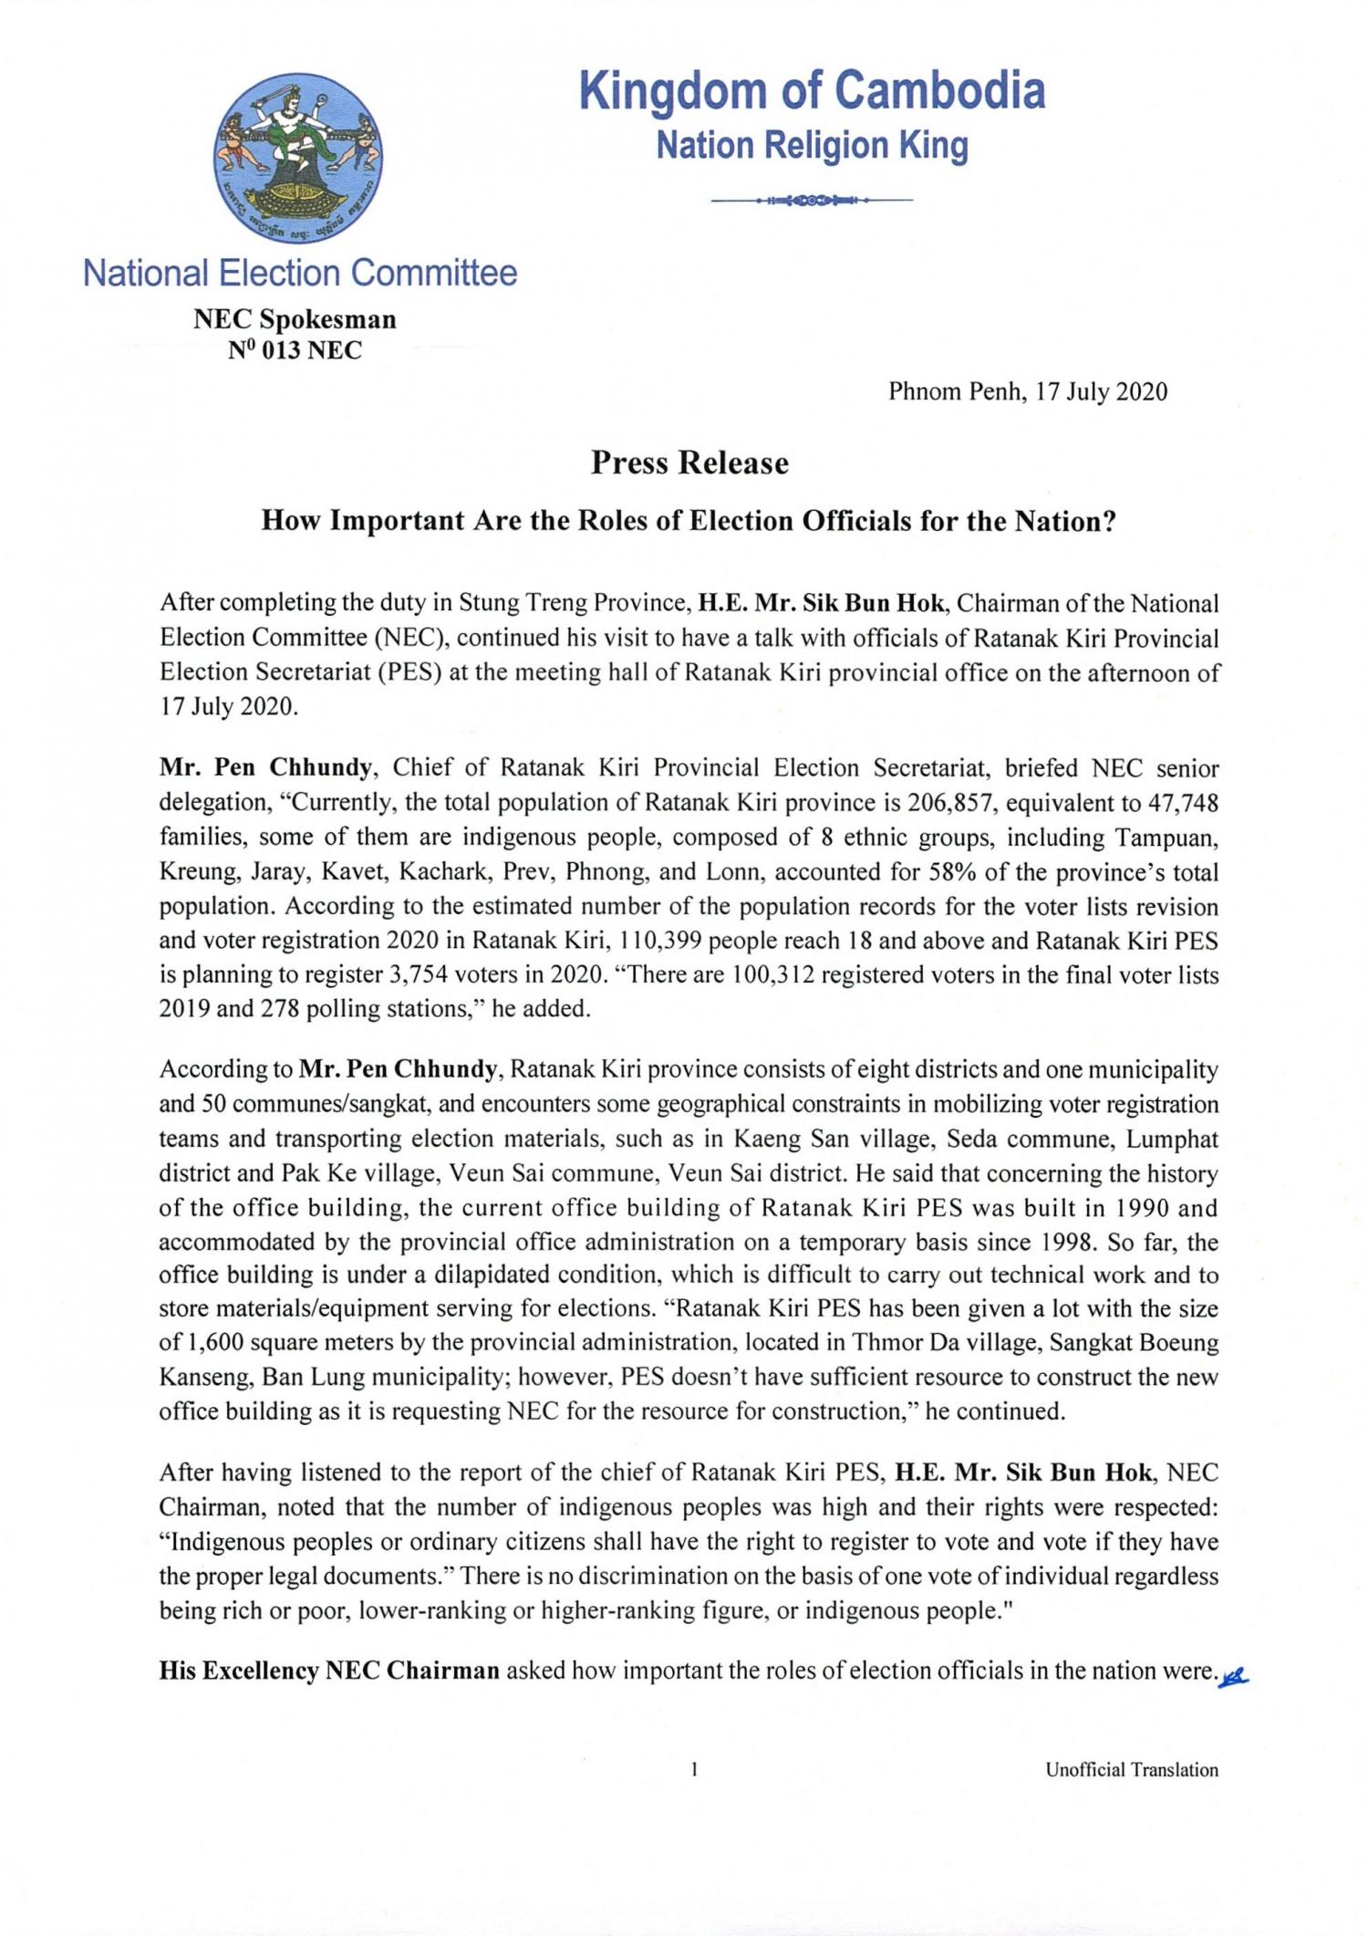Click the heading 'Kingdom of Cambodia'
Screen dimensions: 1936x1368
[812, 91]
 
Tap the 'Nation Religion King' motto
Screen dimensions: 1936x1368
[812, 146]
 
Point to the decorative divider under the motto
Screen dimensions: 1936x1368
[812, 199]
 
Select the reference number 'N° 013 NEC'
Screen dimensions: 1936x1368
[295, 350]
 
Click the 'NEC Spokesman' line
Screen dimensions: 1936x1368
[295, 319]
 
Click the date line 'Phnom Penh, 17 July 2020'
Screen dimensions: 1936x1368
[1028, 391]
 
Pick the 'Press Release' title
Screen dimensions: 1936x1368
[689, 463]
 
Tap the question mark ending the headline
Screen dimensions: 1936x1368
[1109, 521]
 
